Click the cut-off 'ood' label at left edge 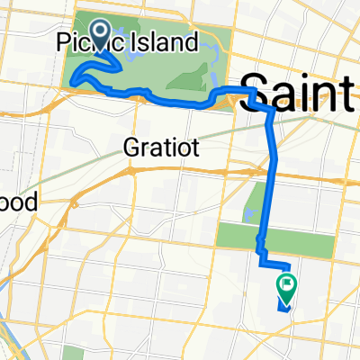18,203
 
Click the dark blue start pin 98,32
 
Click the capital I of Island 134,42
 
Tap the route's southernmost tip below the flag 285,310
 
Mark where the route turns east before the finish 263,265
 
